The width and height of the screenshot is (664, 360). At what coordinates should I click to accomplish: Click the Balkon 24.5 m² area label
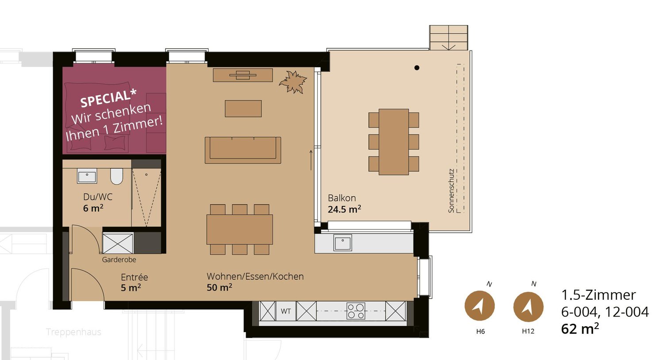(x=344, y=204)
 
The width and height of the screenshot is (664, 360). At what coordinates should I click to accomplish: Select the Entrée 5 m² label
(x=134, y=282)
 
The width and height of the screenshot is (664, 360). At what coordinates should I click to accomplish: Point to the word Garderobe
(x=119, y=260)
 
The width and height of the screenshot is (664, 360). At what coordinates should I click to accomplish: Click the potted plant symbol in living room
(x=293, y=82)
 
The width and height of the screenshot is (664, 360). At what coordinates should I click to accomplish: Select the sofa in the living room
(x=243, y=150)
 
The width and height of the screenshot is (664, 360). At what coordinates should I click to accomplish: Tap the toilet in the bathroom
(x=116, y=176)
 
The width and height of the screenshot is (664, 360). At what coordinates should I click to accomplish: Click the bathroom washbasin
(x=87, y=176)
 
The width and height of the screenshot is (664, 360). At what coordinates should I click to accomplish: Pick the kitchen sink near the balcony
(x=342, y=243)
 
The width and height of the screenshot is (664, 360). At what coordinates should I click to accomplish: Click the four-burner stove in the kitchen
(x=355, y=311)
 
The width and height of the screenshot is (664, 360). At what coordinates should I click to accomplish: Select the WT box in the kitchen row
(x=286, y=311)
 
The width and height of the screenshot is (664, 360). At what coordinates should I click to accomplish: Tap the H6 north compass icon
(x=479, y=306)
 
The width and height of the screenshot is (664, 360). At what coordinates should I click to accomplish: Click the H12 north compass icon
(x=528, y=306)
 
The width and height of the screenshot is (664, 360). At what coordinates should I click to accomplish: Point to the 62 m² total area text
(x=580, y=329)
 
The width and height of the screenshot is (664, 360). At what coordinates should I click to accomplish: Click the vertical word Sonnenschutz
(x=451, y=190)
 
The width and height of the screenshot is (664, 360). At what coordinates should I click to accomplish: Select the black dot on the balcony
(x=417, y=68)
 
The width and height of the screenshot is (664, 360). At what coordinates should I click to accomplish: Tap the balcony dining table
(x=394, y=142)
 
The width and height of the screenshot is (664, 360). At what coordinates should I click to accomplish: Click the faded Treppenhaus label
(x=73, y=332)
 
